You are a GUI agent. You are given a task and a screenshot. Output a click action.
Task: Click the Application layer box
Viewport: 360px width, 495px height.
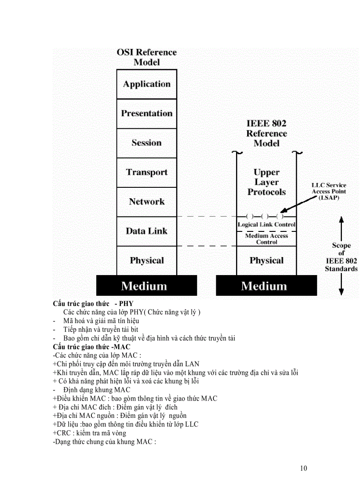[146, 84]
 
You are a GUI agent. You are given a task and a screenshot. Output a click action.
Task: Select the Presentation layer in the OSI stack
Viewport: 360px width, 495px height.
[146, 113]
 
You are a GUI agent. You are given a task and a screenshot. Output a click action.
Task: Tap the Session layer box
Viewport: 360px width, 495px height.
[146, 143]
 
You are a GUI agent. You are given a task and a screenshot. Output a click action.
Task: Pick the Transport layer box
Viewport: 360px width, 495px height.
[146, 172]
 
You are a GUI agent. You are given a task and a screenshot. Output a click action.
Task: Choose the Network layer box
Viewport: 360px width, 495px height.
[146, 202]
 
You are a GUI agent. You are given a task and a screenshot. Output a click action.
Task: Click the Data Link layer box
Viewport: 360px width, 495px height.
[146, 231]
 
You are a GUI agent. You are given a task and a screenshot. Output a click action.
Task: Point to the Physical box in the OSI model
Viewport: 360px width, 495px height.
[146, 261]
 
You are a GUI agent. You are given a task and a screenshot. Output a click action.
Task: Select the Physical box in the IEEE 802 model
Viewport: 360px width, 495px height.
[266, 261]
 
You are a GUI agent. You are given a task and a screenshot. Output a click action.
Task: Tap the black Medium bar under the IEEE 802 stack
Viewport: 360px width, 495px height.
[266, 286]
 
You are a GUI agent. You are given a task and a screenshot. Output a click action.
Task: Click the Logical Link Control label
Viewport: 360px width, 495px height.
[266, 224]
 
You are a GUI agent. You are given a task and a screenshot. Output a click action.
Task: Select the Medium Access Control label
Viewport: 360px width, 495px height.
[266, 239]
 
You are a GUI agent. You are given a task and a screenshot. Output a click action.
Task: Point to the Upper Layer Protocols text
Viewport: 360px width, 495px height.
[266, 182]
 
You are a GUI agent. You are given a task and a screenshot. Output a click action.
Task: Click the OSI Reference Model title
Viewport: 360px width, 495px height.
[146, 57]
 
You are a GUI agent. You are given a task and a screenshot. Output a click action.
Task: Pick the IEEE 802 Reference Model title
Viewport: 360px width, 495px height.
[266, 133]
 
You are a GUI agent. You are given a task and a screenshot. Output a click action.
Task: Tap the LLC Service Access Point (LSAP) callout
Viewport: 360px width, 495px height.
[329, 191]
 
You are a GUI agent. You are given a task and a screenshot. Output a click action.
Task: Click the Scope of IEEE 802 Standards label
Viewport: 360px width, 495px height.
[341, 257]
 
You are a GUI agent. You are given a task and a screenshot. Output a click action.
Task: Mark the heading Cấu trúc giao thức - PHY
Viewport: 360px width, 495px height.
[93, 304]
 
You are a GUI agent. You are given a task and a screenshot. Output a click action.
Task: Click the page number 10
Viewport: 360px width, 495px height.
[303, 468]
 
